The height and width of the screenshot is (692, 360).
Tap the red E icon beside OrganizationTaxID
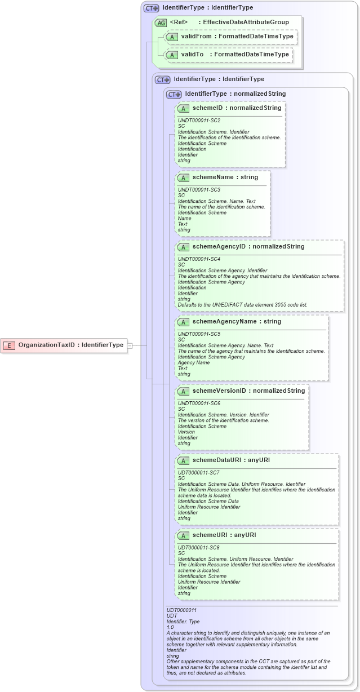(x=10, y=345)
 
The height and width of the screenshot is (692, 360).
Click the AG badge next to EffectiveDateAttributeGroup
(x=161, y=23)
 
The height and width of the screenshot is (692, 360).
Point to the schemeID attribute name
(x=208, y=108)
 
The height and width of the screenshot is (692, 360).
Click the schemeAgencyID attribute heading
(x=219, y=246)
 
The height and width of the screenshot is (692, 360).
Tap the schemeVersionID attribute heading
(x=220, y=391)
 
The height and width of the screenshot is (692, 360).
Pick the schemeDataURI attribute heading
(x=214, y=460)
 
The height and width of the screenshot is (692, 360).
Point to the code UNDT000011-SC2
(x=199, y=120)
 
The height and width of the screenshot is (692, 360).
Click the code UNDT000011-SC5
(x=199, y=334)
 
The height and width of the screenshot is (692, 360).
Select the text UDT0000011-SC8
(x=199, y=547)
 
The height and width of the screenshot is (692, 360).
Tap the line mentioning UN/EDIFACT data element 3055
(x=242, y=304)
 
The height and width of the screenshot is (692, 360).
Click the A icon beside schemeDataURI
(x=183, y=460)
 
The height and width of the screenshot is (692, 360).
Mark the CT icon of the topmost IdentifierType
(x=151, y=8)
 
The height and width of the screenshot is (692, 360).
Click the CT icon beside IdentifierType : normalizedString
(x=174, y=94)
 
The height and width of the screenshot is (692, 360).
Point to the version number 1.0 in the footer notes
(x=170, y=627)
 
